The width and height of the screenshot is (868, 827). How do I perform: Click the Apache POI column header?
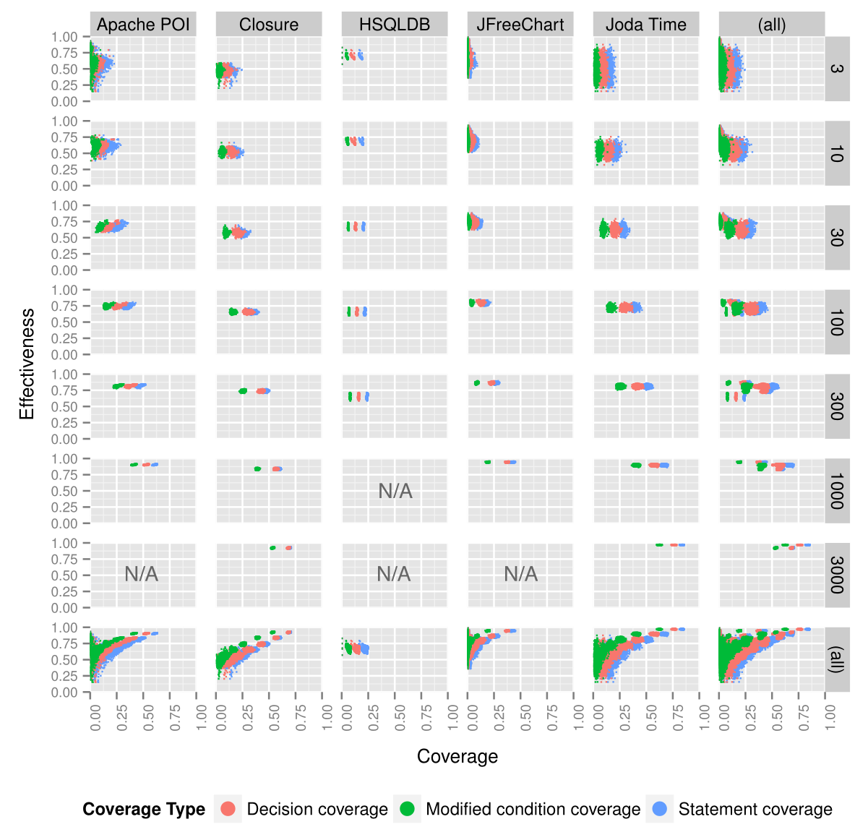143,25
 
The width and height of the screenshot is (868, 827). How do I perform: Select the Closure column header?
269,25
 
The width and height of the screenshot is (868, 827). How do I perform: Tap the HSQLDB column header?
395,25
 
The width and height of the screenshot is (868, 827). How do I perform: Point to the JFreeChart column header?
520,25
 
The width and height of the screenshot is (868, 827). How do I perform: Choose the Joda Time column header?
646,25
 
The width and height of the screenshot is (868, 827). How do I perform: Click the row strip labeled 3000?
837,575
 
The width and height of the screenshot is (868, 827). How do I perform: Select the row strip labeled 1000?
837,491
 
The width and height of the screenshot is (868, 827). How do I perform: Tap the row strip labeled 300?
837,406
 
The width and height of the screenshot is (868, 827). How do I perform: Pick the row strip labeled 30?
837,238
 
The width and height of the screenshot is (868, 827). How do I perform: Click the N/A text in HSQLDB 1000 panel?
395,492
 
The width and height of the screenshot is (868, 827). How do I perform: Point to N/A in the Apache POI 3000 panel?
142,575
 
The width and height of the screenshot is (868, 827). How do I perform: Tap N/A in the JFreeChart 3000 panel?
520,575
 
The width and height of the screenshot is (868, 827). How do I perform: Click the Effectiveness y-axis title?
27,364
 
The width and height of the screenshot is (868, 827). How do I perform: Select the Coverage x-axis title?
457,756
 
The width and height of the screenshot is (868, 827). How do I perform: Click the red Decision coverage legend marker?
228,809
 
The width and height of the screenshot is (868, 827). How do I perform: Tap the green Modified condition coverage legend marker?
408,809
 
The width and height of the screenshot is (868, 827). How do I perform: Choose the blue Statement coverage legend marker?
660,809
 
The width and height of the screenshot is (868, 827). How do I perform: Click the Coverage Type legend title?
144,809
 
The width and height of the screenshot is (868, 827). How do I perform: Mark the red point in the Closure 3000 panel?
288,548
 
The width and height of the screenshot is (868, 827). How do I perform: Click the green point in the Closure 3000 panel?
272,548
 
